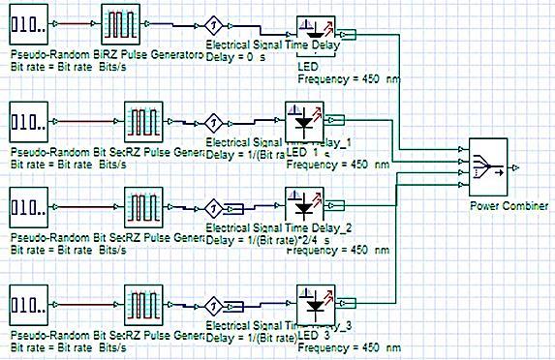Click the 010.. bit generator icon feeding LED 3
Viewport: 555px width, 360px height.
28,304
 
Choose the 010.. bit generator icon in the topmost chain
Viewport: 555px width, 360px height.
28,23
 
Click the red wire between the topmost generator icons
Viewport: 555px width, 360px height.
72,23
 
